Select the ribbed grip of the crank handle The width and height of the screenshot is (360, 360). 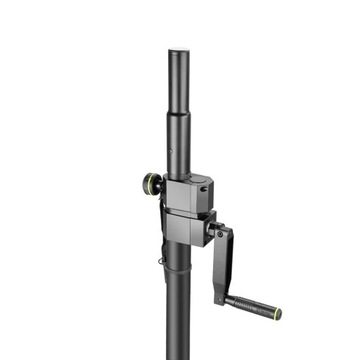(x=255, y=303)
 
